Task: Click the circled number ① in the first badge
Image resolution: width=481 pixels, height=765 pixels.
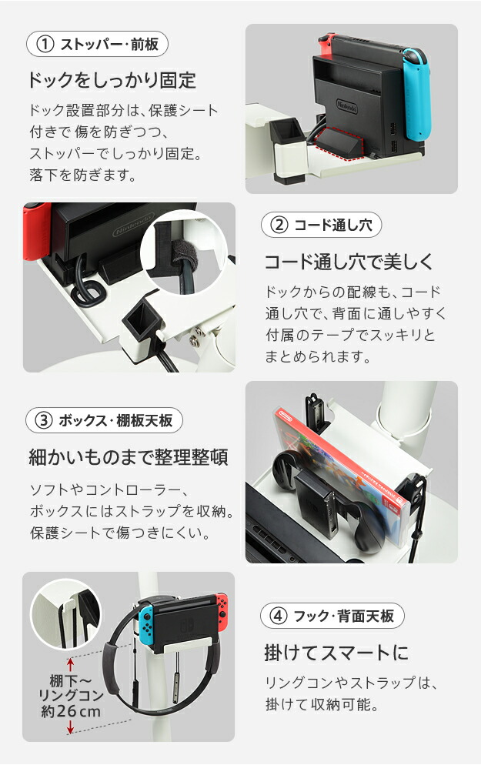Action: (45, 45)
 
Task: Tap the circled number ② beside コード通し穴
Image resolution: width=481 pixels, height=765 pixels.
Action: (279, 225)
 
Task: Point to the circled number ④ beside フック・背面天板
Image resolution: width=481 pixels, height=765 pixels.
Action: (278, 616)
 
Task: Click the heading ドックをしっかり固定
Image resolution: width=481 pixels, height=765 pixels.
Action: (112, 80)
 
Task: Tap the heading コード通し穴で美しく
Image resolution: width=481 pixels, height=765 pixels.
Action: (349, 262)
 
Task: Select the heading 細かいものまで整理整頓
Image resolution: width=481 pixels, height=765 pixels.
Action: (129, 457)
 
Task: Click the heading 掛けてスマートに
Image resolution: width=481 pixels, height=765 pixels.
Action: (336, 653)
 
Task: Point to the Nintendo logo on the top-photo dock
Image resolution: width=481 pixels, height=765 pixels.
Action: (347, 106)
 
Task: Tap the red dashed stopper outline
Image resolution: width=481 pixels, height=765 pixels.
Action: (339, 143)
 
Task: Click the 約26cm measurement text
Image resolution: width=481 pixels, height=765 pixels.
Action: (71, 711)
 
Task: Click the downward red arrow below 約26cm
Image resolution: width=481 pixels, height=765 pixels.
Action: (70, 727)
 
